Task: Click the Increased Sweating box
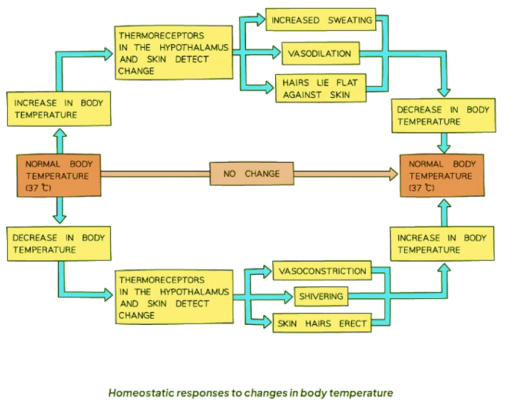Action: pos(321,21)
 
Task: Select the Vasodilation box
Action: pos(320,54)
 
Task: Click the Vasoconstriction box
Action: pos(322,271)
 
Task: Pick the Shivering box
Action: pos(321,296)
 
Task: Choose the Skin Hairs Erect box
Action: pos(322,323)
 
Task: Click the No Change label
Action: pos(252,174)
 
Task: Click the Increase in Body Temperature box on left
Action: pos(58,108)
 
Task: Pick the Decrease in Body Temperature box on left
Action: pos(58,243)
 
